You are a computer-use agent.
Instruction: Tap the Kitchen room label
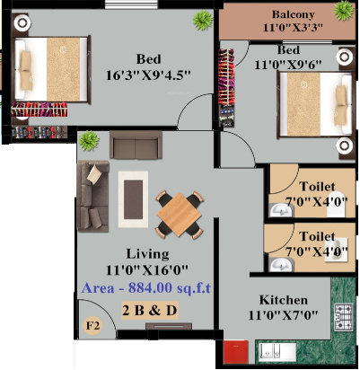point(284,300)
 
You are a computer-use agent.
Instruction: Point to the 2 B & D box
point(151,310)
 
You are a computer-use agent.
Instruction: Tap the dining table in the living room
point(178,213)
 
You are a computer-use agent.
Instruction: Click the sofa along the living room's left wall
point(91,197)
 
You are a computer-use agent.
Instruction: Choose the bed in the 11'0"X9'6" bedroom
point(311,104)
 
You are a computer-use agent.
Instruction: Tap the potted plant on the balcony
point(343,11)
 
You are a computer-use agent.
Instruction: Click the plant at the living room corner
point(88,140)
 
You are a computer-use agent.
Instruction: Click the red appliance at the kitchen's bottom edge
point(235,351)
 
